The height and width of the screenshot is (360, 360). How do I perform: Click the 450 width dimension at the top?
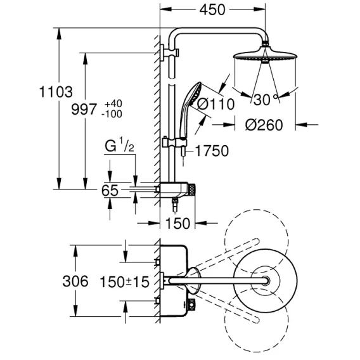pyautogui.click(x=212, y=10)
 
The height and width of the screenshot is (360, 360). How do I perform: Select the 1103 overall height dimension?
pyautogui.click(x=56, y=92)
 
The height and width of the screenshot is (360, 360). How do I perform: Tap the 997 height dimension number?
pyautogui.click(x=84, y=109)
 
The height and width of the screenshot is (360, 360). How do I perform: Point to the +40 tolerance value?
pyautogui.click(x=113, y=104)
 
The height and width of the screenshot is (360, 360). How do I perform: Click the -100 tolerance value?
pyautogui.click(x=112, y=114)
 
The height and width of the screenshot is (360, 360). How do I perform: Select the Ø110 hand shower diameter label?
pyautogui.click(x=216, y=105)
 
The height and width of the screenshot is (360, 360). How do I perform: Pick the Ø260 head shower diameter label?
pyautogui.click(x=264, y=125)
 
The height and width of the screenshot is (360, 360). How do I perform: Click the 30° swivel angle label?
pyautogui.click(x=265, y=100)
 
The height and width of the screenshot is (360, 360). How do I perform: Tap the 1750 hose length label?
pyautogui.click(x=212, y=151)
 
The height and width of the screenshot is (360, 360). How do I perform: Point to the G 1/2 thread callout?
pyautogui.click(x=119, y=146)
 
